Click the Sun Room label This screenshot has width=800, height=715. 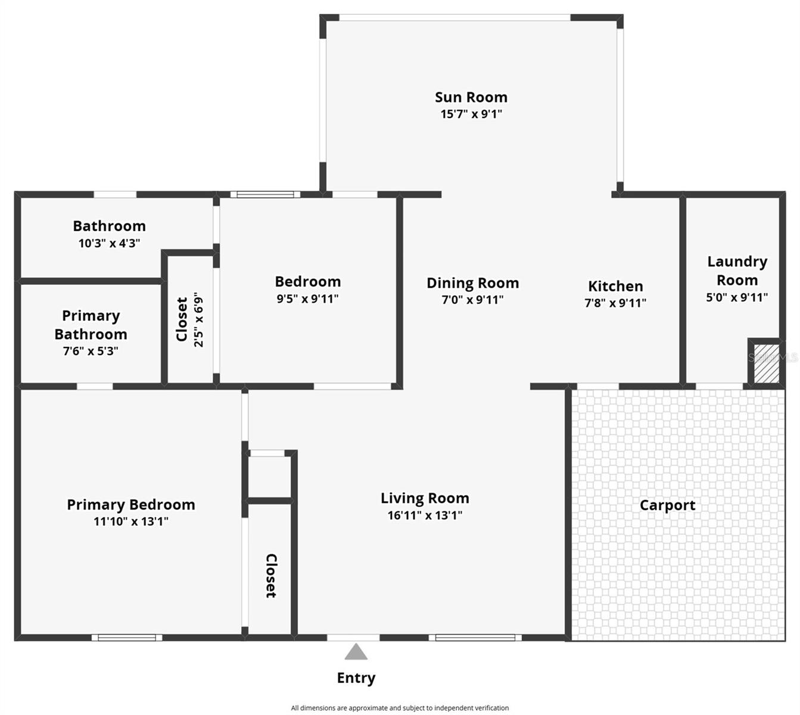point(471,97)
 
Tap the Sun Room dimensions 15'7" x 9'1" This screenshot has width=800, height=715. point(471,114)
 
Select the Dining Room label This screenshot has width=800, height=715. point(472,283)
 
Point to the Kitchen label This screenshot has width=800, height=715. point(615,286)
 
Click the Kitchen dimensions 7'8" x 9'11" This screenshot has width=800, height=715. point(615,303)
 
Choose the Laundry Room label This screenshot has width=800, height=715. point(737,271)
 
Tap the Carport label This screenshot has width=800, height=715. point(667,505)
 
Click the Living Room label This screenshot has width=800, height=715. point(425,498)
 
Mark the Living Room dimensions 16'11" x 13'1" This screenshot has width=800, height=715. point(425,515)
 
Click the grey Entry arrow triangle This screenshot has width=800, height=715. point(356,652)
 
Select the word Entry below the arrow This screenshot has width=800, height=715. point(356,678)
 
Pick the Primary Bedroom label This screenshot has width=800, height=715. point(131,505)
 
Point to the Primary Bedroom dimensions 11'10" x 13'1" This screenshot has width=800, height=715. point(131,521)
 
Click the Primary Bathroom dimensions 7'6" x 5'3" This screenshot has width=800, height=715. point(91,351)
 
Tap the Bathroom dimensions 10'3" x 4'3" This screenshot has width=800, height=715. point(109,243)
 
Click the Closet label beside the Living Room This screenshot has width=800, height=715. point(271,576)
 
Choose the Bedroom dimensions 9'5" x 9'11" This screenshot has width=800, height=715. point(307,299)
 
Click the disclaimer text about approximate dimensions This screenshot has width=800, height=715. point(400,708)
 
